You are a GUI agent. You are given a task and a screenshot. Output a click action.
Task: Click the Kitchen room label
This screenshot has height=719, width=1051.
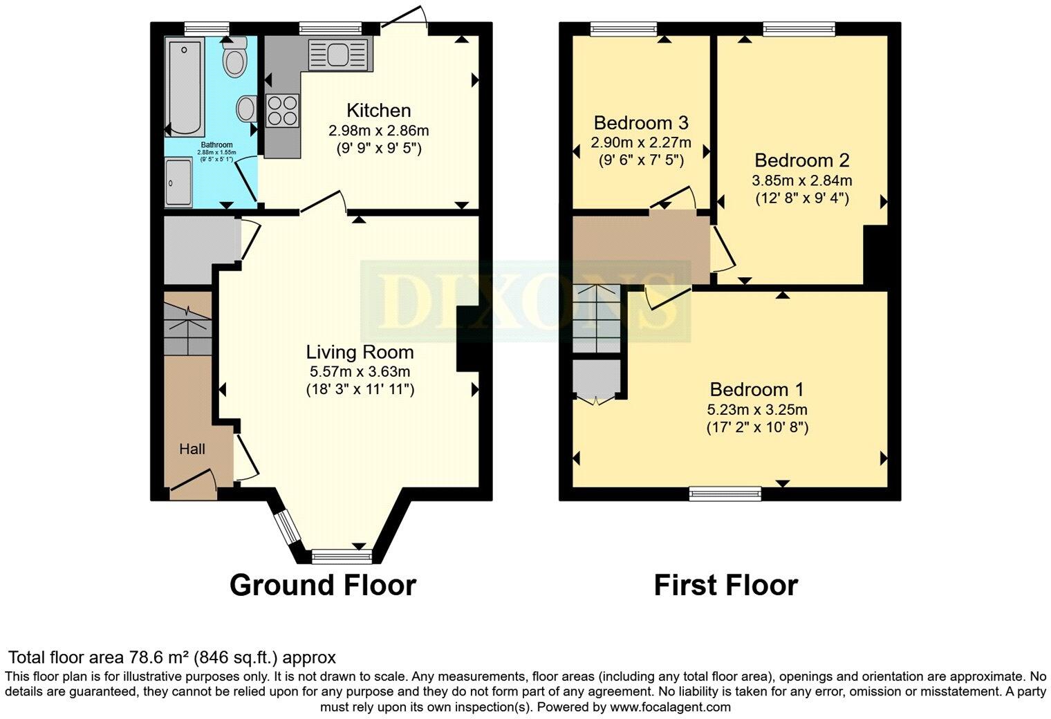click(379, 111)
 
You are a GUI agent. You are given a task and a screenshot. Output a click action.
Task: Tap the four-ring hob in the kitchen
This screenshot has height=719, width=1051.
click(282, 111)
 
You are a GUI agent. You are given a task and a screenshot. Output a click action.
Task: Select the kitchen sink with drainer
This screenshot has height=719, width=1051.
click(339, 55)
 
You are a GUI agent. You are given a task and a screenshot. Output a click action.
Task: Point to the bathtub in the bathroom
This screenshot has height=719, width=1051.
click(185, 88)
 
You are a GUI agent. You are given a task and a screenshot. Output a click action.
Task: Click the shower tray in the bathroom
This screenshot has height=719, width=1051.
click(178, 182)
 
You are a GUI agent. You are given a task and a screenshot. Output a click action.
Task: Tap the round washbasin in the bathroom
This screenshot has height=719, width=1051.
click(247, 109)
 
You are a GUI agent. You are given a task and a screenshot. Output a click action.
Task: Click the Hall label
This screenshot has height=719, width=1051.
click(192, 449)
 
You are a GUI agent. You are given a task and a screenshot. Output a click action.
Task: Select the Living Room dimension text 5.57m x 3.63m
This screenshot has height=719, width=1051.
click(360, 371)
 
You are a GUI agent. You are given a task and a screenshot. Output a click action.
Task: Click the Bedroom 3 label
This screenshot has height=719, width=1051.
click(641, 123)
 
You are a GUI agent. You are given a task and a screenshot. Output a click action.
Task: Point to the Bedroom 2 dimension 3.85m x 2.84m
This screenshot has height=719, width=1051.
click(802, 180)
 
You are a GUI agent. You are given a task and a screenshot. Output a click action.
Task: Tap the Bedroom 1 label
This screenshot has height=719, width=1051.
click(757, 389)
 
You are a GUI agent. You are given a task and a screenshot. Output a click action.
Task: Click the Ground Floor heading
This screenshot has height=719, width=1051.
click(323, 586)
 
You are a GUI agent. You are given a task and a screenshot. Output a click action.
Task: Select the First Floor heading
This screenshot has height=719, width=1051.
click(726, 586)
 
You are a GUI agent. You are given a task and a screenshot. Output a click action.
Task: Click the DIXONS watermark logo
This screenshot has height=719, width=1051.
click(525, 301)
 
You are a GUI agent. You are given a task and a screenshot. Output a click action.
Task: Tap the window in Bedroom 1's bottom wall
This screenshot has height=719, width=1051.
click(725, 494)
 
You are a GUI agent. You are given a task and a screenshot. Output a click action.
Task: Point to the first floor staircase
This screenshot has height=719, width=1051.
click(597, 319)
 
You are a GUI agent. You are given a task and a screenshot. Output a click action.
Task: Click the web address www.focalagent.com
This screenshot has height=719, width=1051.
click(670, 707)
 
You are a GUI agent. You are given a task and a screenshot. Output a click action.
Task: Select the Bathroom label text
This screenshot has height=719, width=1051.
click(217, 145)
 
